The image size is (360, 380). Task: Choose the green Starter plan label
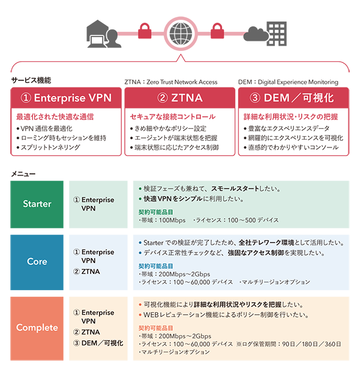click(37, 204)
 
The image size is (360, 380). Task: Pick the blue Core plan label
click(37, 261)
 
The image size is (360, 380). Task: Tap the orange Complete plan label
click(37, 327)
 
